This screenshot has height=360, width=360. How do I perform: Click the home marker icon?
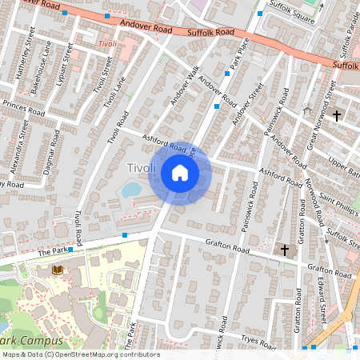pos(180,172)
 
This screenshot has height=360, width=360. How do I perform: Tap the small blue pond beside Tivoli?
pos(130,190)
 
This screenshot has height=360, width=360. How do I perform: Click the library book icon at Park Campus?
pos(57,270)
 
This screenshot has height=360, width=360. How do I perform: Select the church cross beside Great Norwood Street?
pos(336,116)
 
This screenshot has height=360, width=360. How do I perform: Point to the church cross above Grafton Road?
pos(285,251)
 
